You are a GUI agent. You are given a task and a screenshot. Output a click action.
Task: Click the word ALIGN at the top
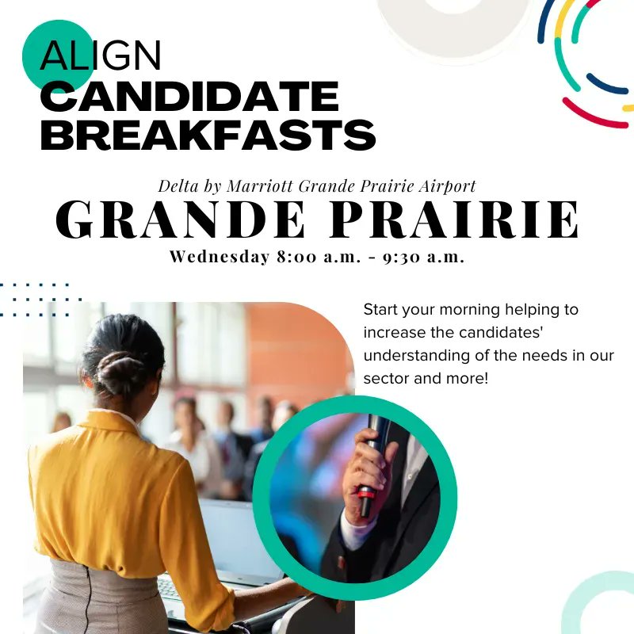point(101,56)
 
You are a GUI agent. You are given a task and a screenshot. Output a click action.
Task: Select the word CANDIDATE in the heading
point(189,97)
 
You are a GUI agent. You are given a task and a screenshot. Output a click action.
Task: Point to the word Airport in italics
point(448,186)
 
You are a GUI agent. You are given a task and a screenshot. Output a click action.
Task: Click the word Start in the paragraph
point(380,309)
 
